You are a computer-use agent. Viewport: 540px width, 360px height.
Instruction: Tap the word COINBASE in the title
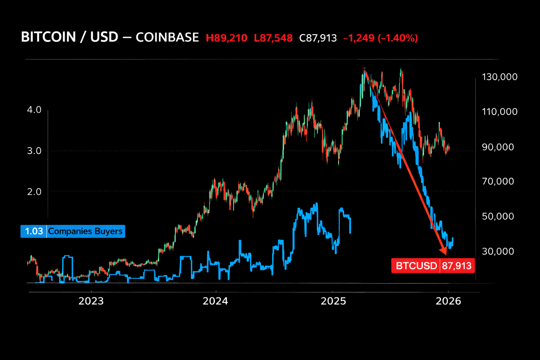167,37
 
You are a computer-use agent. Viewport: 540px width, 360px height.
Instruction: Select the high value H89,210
226,38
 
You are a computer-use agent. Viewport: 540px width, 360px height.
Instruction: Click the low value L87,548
273,38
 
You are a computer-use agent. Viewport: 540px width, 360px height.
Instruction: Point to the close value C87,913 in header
318,38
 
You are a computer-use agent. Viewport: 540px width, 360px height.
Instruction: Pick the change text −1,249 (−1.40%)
380,38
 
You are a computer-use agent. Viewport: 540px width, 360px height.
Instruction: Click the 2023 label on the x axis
91,301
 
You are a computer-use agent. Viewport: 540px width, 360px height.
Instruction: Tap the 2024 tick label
215,301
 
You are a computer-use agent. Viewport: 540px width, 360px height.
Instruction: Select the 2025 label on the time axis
333,301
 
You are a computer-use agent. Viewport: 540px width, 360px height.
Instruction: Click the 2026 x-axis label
448,301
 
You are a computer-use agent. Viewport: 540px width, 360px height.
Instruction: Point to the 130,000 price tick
500,77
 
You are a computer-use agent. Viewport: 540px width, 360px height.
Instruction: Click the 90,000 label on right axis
498,147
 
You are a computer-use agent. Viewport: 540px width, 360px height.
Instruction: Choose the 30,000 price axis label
498,251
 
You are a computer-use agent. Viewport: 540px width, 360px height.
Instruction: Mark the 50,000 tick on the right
498,216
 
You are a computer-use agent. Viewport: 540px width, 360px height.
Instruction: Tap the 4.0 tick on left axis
34,110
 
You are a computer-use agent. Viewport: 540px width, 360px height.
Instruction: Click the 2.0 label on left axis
34,192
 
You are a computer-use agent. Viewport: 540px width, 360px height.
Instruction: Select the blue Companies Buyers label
85,231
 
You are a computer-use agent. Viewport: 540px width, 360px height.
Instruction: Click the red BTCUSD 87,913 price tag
433,266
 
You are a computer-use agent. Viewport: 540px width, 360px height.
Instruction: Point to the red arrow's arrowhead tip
446,254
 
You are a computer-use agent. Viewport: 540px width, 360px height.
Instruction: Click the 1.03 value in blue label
34,231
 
